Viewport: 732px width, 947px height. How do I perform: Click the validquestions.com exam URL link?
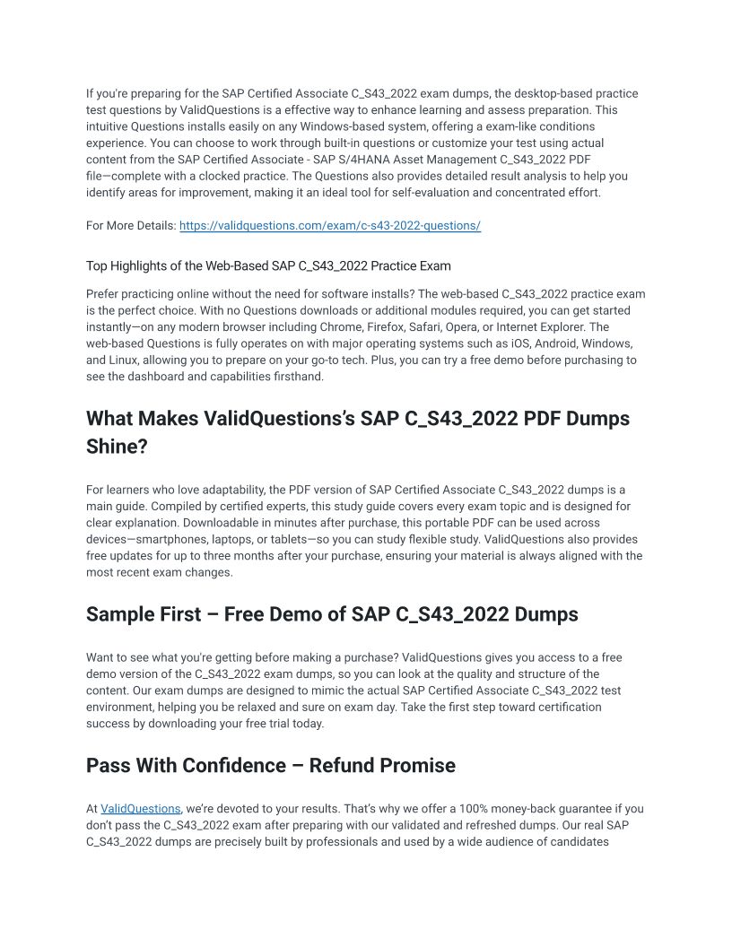pyautogui.click(x=330, y=226)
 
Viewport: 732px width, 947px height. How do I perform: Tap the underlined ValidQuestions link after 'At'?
pyautogui.click(x=141, y=809)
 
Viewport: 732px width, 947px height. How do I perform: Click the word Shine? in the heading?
pyautogui.click(x=117, y=447)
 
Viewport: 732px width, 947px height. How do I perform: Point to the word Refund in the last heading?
pyautogui.click(x=341, y=766)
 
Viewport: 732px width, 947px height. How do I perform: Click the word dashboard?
pyautogui.click(x=147, y=377)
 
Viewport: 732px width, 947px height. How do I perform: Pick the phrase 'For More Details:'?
pyautogui.click(x=131, y=226)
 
